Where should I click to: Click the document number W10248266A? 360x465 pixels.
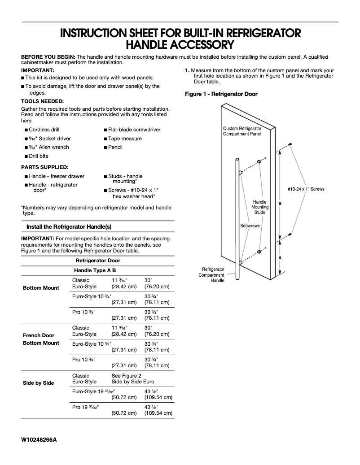(39, 439)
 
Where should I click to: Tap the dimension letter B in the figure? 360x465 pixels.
(280, 204)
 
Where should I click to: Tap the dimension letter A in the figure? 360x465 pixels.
(280, 258)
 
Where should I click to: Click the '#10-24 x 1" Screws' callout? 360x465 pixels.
(306, 189)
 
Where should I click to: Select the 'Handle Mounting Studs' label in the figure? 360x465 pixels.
(260, 207)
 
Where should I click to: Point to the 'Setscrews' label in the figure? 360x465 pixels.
(250, 226)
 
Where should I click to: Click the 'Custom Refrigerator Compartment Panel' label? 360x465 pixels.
(242, 131)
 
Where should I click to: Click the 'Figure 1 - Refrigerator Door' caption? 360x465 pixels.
(221, 94)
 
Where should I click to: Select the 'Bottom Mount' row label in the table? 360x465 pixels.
(41, 288)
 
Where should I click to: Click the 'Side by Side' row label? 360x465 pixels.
(38, 383)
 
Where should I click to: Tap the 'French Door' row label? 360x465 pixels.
(38, 335)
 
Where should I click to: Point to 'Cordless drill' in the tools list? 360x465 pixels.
(44, 130)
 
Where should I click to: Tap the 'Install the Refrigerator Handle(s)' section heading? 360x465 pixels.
(69, 227)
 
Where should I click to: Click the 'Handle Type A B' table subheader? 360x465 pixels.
(95, 270)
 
